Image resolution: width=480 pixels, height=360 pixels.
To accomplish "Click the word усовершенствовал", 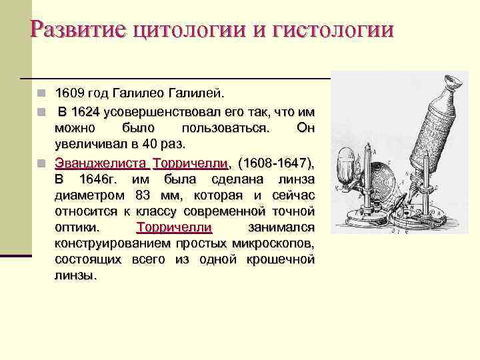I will point(166,110).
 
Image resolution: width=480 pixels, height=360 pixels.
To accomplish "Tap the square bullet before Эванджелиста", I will point(41,163).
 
